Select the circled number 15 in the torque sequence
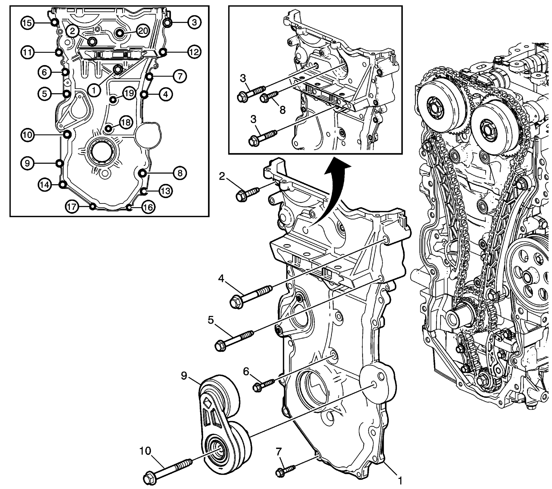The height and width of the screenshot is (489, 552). point(27,23)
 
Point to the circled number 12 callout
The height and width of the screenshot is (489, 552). point(194,52)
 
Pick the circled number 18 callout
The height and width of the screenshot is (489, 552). point(126,123)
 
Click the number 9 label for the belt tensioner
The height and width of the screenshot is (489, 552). point(184,375)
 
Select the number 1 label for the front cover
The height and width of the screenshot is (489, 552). point(400,480)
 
